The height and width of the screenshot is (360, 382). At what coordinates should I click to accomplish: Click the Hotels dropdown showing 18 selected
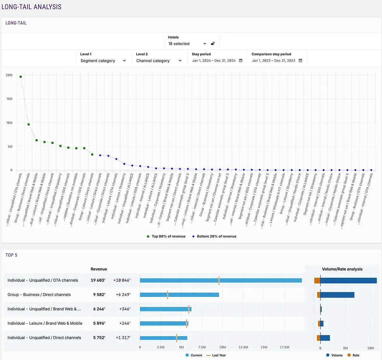point(187,44)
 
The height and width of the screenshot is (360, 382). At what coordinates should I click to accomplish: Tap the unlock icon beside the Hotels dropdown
point(213,44)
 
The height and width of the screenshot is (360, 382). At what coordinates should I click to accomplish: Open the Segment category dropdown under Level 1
point(103,61)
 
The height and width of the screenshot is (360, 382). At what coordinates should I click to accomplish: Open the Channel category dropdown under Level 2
point(159,61)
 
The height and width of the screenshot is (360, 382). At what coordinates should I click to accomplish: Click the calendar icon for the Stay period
point(241,61)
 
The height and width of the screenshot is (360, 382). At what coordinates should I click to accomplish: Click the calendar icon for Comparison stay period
point(300,61)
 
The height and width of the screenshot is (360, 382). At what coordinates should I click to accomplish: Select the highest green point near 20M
point(21,77)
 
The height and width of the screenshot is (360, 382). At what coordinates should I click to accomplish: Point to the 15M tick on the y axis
point(9,99)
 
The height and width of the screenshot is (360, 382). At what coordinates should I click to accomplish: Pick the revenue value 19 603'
point(98,280)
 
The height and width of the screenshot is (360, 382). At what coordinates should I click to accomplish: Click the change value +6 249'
point(123,295)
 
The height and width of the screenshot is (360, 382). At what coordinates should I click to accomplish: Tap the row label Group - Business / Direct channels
point(39,295)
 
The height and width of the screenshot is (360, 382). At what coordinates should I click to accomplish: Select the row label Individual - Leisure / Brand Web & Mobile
point(45,323)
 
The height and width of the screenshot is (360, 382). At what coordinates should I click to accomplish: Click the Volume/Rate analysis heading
point(342,269)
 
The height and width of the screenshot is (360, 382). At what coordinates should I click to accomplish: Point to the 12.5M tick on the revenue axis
point(243,347)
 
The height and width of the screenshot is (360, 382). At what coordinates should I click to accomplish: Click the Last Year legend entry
point(219,355)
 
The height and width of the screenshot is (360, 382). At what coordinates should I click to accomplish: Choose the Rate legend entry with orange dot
point(356,355)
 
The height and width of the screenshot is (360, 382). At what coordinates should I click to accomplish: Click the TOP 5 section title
point(11,255)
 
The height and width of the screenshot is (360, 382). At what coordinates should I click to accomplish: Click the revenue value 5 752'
point(99,338)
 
